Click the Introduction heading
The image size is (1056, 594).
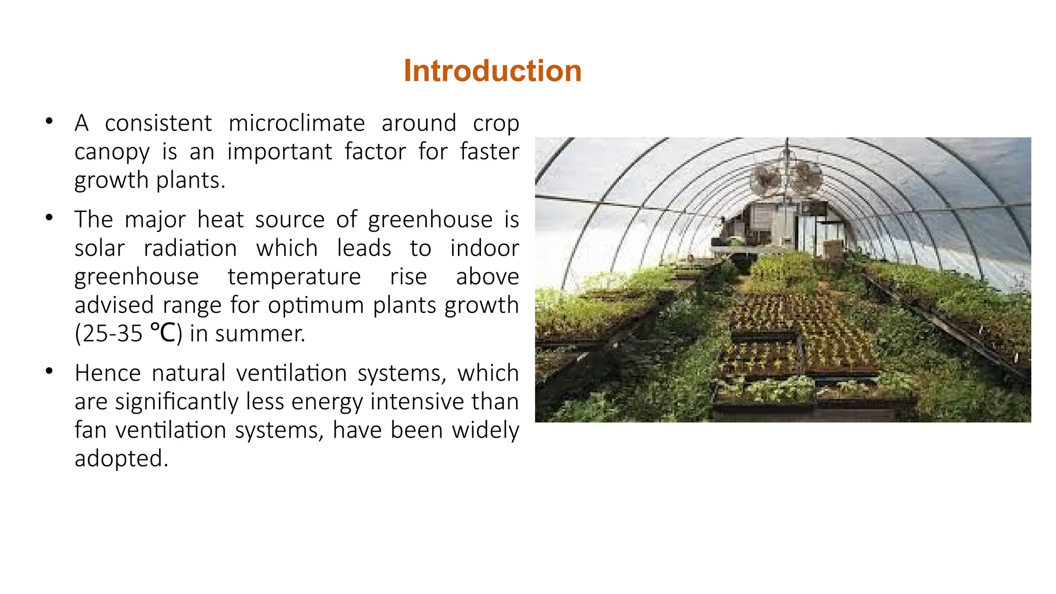click(x=492, y=71)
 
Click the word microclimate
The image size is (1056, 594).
click(x=296, y=123)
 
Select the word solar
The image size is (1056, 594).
click(x=100, y=249)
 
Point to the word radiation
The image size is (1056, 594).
click(x=190, y=249)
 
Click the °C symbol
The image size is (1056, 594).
click(x=163, y=333)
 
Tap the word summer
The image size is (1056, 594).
click(x=260, y=334)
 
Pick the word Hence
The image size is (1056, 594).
click(x=107, y=373)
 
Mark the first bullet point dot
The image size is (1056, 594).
click(x=49, y=122)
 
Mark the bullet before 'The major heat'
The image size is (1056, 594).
click(x=49, y=218)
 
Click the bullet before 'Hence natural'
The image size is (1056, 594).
click(x=49, y=371)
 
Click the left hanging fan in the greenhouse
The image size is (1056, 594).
click(x=766, y=179)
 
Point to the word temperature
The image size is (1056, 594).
click(x=294, y=277)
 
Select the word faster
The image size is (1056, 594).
click(x=489, y=152)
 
